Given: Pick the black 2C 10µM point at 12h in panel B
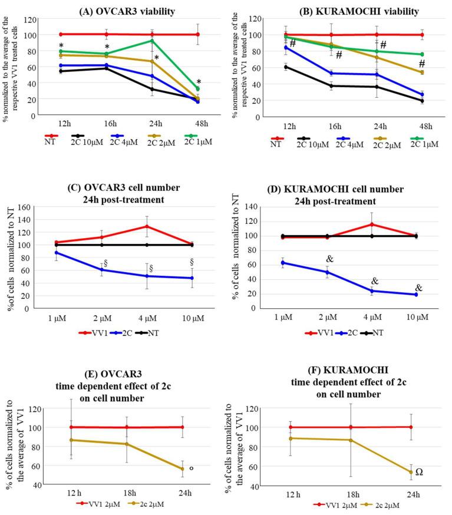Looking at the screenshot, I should pos(286,67).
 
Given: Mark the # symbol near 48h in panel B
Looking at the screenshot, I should pos(420,63).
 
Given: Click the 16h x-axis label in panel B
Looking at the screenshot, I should pos(335,126).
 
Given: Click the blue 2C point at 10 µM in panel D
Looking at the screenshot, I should pos(416,294).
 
